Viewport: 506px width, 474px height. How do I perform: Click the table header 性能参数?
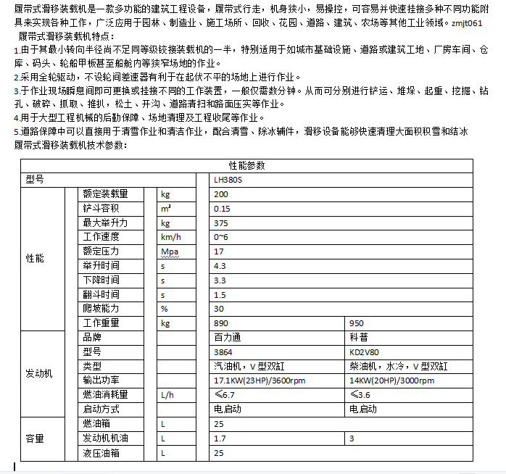pyautogui.click(x=246, y=165)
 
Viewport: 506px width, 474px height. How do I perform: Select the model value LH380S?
pyautogui.click(x=229, y=180)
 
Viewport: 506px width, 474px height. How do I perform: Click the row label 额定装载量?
pyautogui.click(x=106, y=194)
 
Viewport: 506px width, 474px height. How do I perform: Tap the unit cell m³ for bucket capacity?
pyautogui.click(x=166, y=208)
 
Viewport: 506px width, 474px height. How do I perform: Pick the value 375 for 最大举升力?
pyautogui.click(x=221, y=223)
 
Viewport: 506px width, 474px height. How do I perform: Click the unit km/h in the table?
pyautogui.click(x=170, y=237)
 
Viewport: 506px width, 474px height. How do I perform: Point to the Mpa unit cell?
pyautogui.click(x=169, y=251)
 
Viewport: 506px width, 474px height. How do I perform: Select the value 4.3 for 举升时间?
pyautogui.click(x=220, y=266)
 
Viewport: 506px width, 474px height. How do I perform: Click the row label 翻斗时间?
pyautogui.click(x=101, y=294)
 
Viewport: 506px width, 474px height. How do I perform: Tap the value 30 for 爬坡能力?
pyautogui.click(x=220, y=309)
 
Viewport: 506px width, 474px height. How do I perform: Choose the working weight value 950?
pyautogui.click(x=357, y=323)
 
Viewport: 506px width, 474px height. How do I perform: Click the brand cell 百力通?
pyautogui.click(x=227, y=338)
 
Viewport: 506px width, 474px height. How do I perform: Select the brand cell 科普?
pyautogui.click(x=358, y=338)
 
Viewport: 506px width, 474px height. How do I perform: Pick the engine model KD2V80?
pyautogui.click(x=364, y=352)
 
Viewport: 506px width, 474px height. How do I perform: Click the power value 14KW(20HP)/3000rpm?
pyautogui.click(x=391, y=381)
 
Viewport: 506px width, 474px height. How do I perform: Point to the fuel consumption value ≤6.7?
pyautogui.click(x=225, y=395)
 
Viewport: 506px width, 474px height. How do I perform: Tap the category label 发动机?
pyautogui.click(x=39, y=373)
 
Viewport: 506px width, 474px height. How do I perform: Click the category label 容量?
pyautogui.click(x=35, y=438)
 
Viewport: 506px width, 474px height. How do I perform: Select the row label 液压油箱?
pyautogui.click(x=101, y=452)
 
